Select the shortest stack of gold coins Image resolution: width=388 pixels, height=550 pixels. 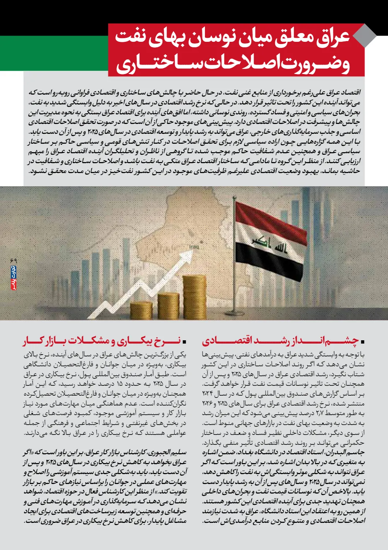[141, 310]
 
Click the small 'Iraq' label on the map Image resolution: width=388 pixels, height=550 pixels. [194, 247]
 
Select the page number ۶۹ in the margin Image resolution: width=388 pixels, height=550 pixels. [13, 260]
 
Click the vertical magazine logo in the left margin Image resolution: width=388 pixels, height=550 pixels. [13, 279]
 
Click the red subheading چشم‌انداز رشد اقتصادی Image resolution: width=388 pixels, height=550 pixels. [280, 341]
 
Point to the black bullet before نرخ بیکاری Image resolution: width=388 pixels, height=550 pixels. [184, 341]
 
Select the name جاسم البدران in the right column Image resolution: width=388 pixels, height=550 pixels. [348, 452]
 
